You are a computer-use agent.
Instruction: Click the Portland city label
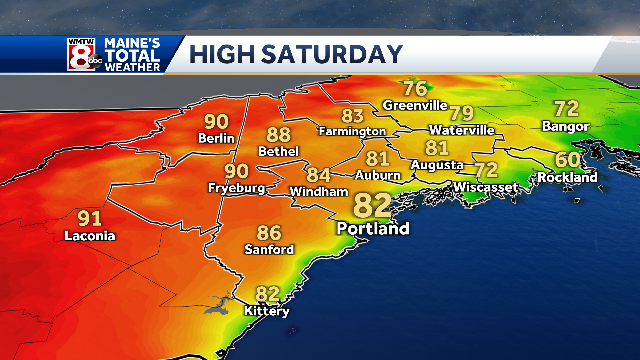(x=373, y=229)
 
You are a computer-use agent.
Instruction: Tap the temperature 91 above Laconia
(x=89, y=218)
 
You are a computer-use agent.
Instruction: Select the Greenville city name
(x=414, y=104)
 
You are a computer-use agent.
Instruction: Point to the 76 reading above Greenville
(x=415, y=88)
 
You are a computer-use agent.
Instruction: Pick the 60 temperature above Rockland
(x=568, y=160)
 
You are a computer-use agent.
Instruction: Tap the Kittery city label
(x=267, y=311)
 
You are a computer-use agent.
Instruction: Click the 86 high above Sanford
(x=269, y=233)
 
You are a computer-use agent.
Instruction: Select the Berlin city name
(x=216, y=138)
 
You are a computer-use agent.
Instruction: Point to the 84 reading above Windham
(x=318, y=175)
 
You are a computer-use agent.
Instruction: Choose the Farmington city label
(x=351, y=131)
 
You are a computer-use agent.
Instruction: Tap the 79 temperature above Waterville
(x=461, y=113)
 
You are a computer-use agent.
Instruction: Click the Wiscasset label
(x=484, y=187)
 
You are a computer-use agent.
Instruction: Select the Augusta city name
(x=437, y=164)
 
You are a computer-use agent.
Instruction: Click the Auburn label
(x=377, y=175)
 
